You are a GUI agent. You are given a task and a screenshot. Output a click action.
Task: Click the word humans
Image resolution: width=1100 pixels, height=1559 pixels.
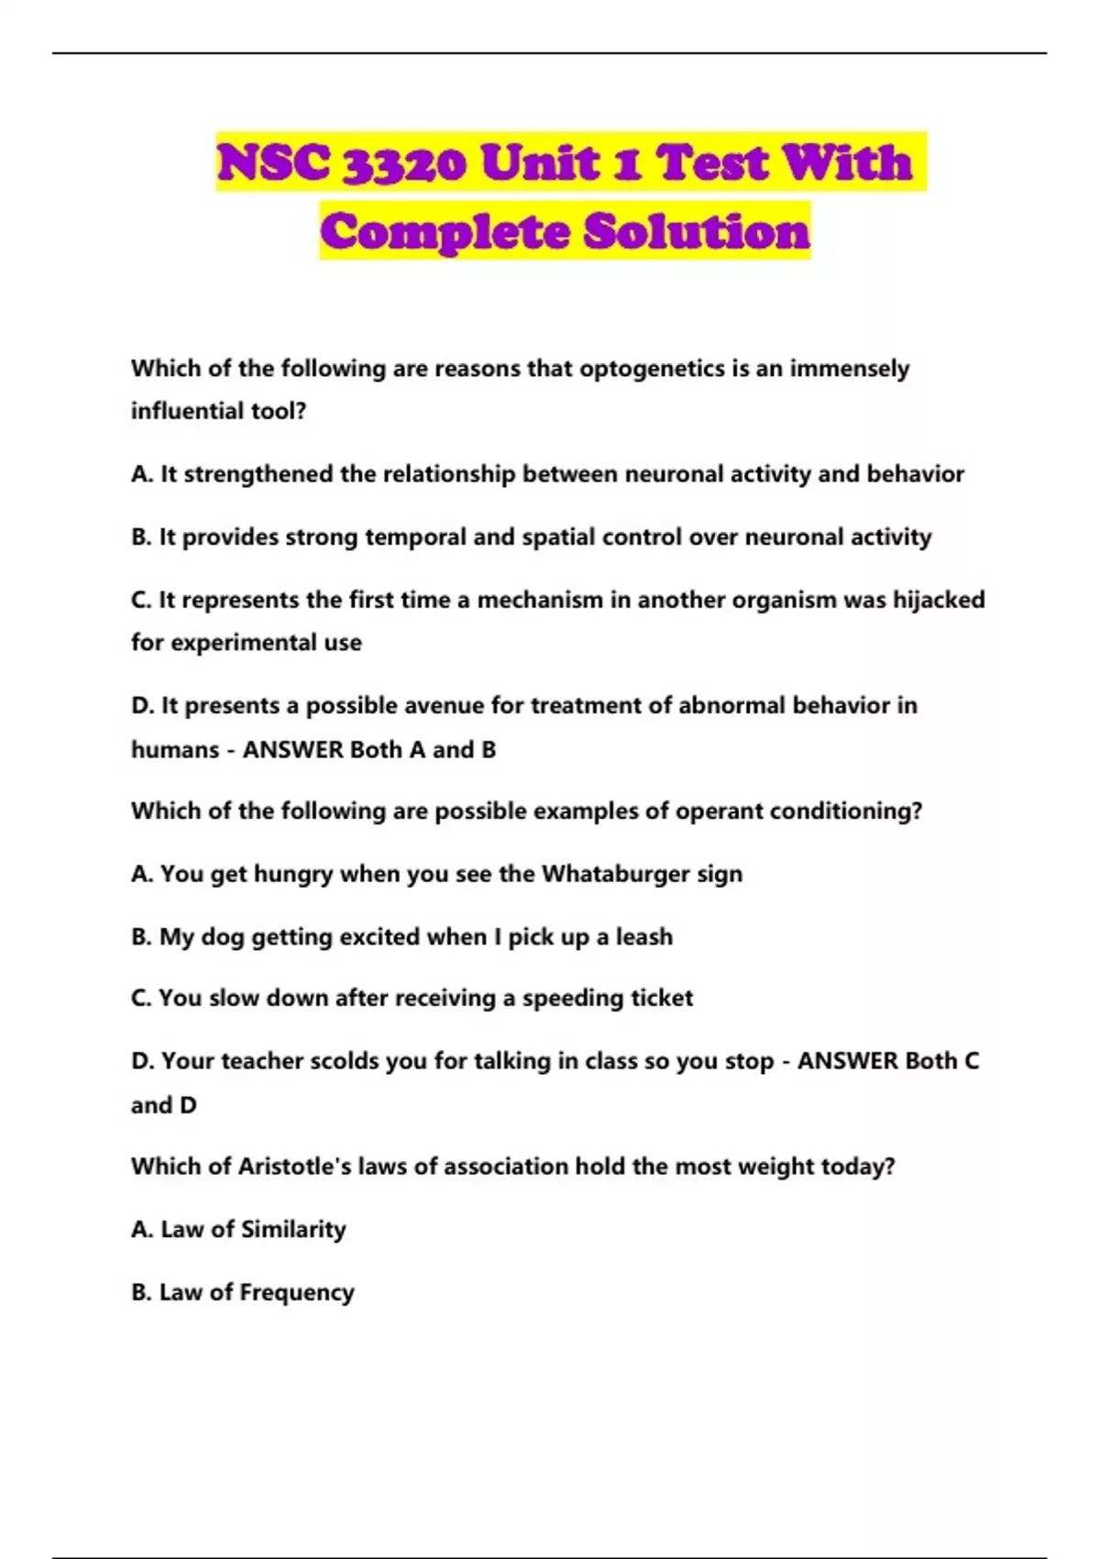point(175,749)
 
